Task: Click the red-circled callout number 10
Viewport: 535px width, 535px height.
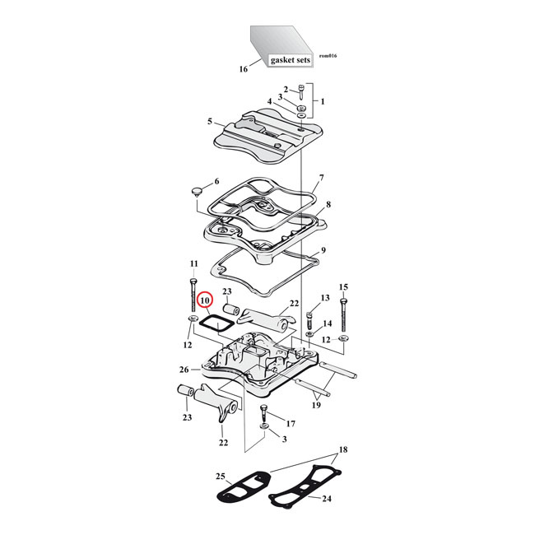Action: tap(205, 303)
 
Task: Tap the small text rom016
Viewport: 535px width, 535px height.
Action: tap(327, 56)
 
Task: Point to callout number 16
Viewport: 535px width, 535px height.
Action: tap(243, 69)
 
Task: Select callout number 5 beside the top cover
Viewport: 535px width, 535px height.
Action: tap(210, 121)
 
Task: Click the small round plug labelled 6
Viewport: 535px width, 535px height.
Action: tap(197, 192)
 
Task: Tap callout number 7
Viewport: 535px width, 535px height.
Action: tap(322, 178)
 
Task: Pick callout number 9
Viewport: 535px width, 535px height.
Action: tap(328, 204)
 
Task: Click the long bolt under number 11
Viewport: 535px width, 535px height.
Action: tap(323, 249)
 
